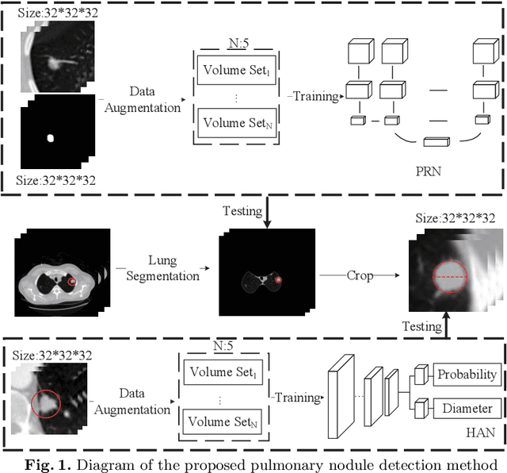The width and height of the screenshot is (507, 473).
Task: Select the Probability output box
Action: point(467,375)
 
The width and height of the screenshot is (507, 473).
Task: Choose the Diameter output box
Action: point(467,410)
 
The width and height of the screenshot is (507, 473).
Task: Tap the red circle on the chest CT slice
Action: point(72,280)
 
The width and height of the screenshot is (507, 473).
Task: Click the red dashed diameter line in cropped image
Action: point(451,277)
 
